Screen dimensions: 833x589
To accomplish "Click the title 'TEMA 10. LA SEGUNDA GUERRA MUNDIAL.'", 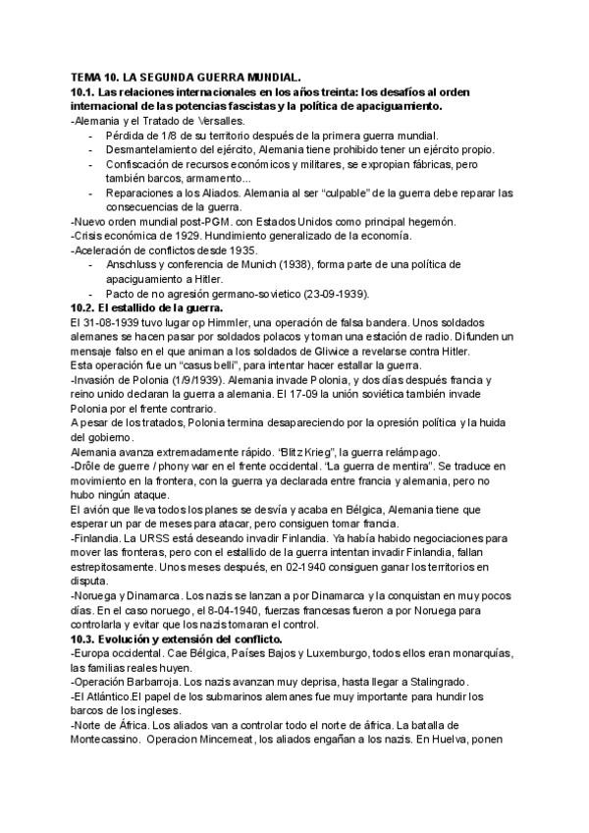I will pyautogui.click(x=186, y=76).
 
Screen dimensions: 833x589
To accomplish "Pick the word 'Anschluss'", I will pyautogui.click(x=131, y=264).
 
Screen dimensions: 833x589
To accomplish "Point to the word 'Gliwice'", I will pyautogui.click(x=312, y=352).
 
